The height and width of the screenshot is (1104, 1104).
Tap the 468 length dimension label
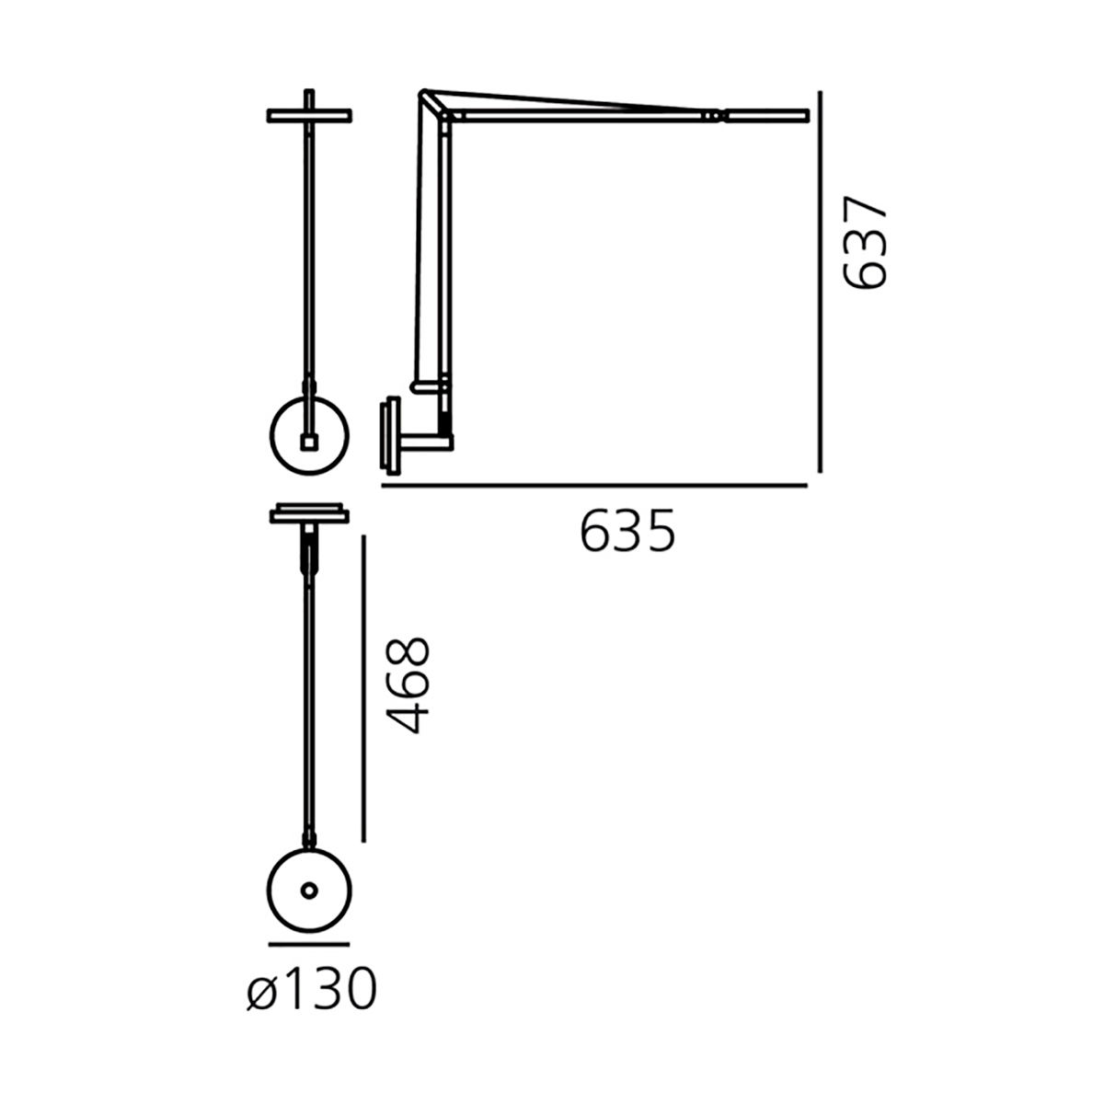click(408, 684)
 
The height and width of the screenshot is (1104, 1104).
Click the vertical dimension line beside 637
click(821, 282)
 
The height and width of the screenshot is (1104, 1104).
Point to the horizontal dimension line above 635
click(594, 485)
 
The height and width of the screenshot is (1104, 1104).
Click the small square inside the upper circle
click(309, 443)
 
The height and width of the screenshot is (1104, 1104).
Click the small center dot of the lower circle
click(309, 891)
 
